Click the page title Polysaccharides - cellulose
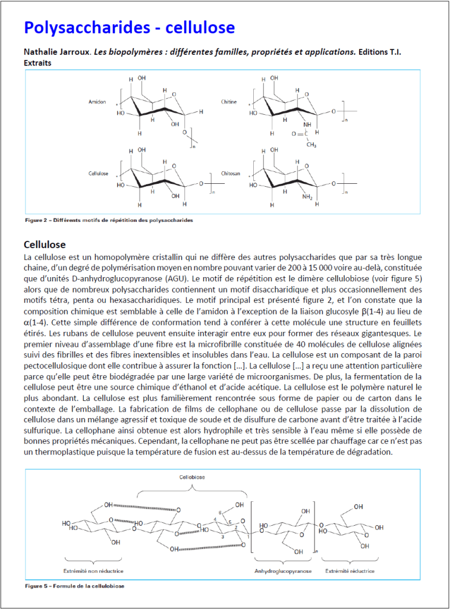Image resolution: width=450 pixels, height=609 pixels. pos(129,27)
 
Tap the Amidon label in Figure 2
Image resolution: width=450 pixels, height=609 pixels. pos(97,102)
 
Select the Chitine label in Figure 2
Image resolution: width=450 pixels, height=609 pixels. pos(229,102)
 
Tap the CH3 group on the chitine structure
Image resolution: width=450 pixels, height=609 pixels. pos(311,145)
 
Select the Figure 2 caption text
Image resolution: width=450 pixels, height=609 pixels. pos(109,220)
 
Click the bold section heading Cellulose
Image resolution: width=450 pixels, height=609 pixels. pos(45,245)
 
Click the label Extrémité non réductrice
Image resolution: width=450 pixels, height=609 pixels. pos(98,571)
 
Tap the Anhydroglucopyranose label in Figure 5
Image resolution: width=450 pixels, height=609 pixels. pos(282,571)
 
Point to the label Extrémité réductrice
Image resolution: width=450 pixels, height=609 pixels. pos(350,571)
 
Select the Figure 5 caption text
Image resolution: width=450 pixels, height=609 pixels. pos(74,586)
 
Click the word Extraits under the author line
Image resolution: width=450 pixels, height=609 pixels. pos(37,62)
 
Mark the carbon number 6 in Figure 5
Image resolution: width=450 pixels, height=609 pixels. pos(221,512)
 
